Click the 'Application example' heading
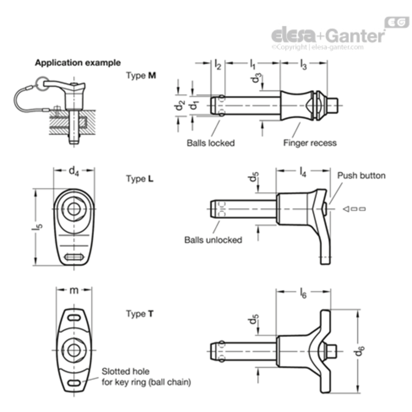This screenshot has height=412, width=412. point(78,63)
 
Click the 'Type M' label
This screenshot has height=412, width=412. point(141,75)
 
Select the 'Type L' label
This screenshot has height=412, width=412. point(140,179)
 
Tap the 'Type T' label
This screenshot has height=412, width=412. point(140,314)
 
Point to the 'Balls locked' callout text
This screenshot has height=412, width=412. point(211,143)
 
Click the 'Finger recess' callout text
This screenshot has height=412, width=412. point(310,143)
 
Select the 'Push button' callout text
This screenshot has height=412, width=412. point(361,176)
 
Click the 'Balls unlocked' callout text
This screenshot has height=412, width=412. point(213,240)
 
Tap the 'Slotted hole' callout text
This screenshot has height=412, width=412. point(126,371)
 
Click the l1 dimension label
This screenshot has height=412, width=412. point(253,64)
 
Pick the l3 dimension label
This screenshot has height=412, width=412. point(304,65)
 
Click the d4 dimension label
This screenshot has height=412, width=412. point(74,171)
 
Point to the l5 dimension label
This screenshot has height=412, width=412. point(38,227)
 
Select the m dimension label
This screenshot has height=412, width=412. point(74,290)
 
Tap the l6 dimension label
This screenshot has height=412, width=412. point(303,293)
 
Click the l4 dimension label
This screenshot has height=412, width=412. point(303,172)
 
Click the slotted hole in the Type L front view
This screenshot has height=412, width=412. point(74,257)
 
